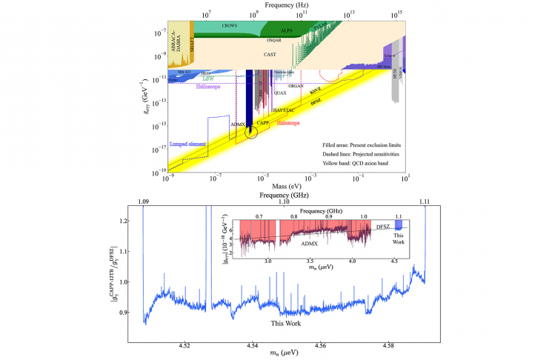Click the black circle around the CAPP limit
(251, 133)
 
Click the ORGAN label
(316, 86)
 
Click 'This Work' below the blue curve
(286, 321)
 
